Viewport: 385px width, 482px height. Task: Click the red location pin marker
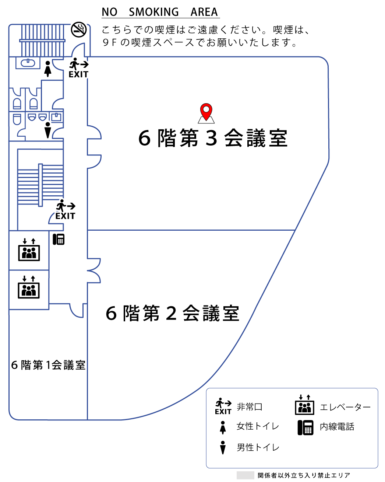(x=206, y=111)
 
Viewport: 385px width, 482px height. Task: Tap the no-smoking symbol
(x=78, y=29)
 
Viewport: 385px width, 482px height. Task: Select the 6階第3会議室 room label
(x=213, y=138)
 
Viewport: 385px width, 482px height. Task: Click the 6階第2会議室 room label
(x=172, y=313)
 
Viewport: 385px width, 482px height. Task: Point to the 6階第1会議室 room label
(x=48, y=365)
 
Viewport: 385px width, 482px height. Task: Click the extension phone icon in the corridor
(x=59, y=239)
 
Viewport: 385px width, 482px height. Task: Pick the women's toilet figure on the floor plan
(x=47, y=69)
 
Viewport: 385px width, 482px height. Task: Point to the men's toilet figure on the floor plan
(x=47, y=130)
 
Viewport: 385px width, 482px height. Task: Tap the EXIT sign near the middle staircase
(x=66, y=211)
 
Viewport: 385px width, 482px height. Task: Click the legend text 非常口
(x=250, y=407)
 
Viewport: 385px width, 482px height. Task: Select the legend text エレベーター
(x=345, y=407)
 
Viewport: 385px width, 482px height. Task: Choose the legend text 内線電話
(x=337, y=427)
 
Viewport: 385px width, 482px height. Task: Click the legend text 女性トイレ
(x=258, y=426)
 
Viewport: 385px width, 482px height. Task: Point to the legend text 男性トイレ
(x=258, y=447)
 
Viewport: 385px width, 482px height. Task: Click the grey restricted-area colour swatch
(x=245, y=475)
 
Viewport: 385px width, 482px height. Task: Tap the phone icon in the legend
(x=305, y=427)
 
